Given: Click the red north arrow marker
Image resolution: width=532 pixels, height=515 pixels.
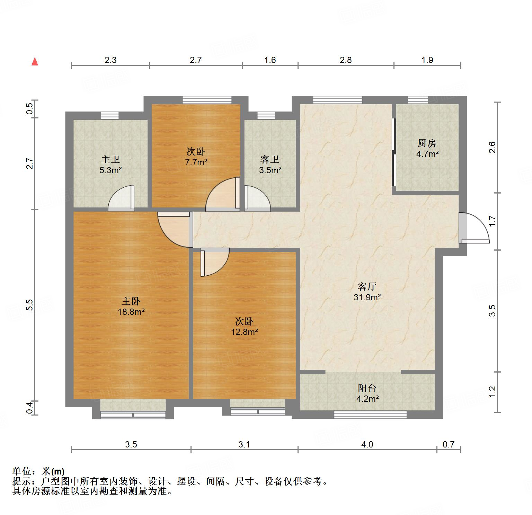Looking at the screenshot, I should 35,62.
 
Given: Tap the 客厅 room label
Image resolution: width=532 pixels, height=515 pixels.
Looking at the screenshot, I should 367,286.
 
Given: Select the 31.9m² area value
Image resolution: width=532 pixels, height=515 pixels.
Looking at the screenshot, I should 367,297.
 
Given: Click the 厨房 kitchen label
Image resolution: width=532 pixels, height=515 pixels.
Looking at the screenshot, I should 427,143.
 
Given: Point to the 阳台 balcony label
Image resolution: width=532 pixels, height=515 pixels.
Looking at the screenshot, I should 367,388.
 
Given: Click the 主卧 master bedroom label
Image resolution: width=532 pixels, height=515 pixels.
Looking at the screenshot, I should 131,301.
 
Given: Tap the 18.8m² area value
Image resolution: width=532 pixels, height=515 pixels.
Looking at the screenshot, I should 131,312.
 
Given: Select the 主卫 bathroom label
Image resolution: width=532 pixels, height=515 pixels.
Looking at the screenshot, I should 110,159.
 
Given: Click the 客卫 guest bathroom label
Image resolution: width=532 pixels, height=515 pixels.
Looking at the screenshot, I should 270,159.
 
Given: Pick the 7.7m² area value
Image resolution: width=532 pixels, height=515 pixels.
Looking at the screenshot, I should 196,162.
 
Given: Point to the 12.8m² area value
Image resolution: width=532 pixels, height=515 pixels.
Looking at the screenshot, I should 245,332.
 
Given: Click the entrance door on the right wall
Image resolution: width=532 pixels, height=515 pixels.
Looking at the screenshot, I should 473,229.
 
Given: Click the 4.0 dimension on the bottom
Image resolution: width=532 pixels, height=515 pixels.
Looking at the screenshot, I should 367,444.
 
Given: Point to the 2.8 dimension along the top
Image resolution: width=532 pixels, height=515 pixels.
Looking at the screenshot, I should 346,60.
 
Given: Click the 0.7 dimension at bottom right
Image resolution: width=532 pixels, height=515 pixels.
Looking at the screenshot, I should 449,444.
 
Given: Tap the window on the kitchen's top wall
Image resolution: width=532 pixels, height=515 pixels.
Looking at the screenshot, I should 418,100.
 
